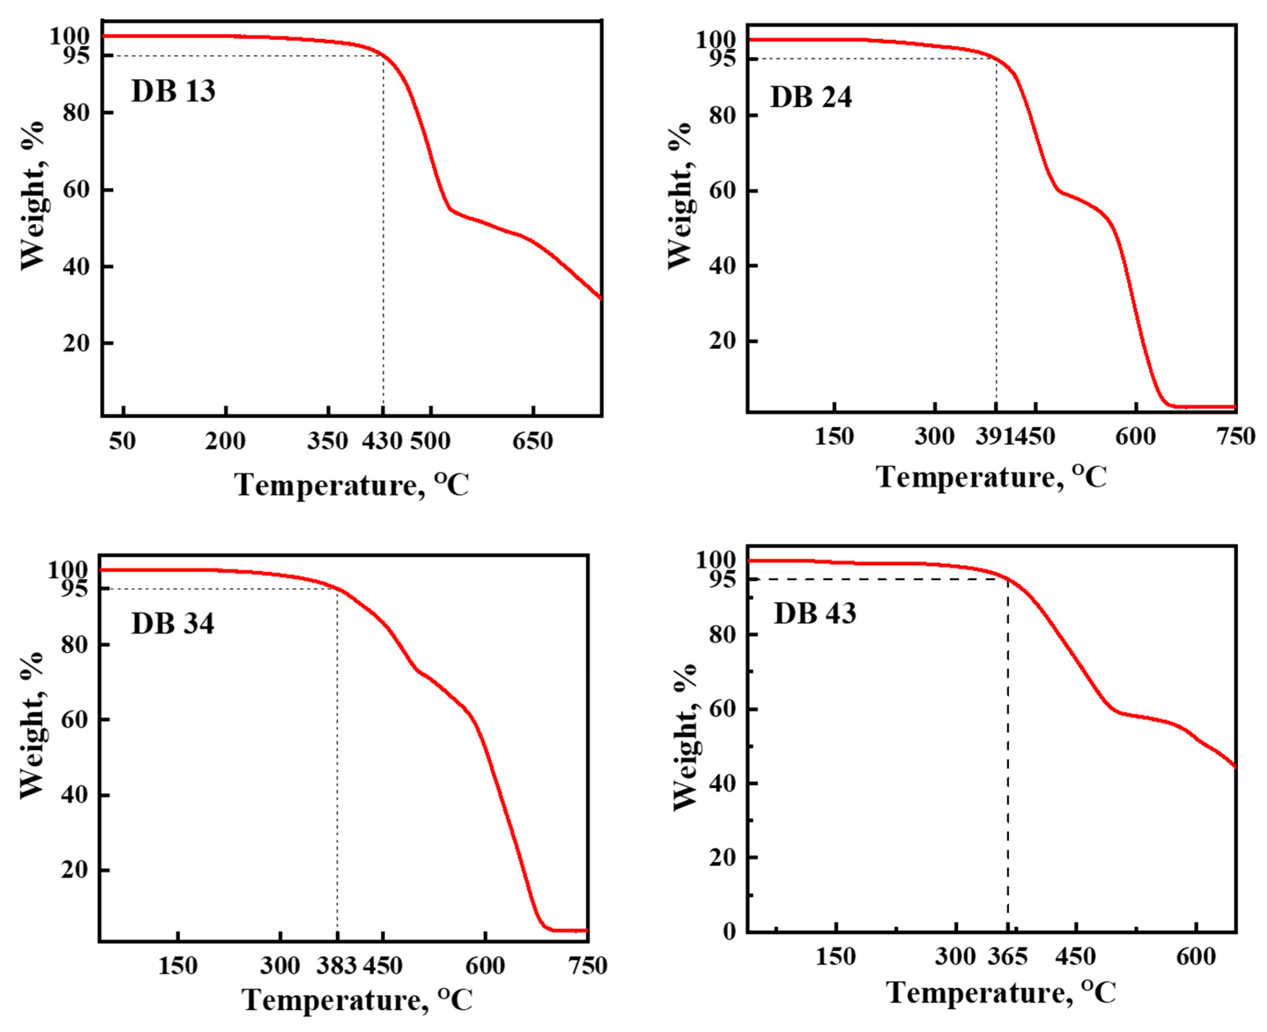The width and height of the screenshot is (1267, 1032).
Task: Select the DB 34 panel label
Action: click(172, 624)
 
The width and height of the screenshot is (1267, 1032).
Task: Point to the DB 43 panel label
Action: click(815, 613)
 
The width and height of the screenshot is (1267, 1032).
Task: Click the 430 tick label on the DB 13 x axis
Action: click(382, 441)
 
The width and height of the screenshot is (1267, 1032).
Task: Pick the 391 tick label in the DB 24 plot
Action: click(994, 436)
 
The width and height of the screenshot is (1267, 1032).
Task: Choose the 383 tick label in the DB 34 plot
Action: click(336, 966)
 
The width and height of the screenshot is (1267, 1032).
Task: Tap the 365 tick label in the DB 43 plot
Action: click(1007, 956)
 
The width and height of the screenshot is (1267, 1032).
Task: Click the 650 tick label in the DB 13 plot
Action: click(533, 441)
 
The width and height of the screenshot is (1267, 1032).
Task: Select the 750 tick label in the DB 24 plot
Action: click(1236, 436)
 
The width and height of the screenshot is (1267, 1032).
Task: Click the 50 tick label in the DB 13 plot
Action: click(122, 441)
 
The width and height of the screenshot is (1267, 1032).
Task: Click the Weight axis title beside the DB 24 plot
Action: click(680, 196)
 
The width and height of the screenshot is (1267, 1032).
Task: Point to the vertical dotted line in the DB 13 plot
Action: click(383, 238)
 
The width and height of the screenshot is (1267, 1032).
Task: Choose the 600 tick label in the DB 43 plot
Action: click(1196, 956)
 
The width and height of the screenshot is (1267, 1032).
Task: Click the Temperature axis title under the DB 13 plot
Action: click(351, 485)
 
